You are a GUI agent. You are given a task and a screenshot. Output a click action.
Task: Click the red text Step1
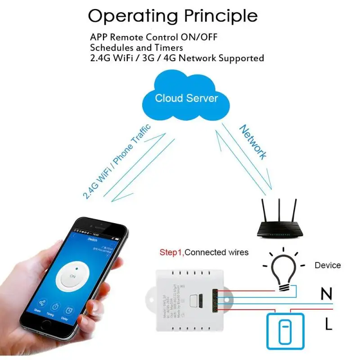point(171,252)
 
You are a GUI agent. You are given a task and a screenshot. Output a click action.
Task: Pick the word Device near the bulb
point(327,265)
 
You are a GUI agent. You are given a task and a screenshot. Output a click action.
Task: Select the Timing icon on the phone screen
point(56,307)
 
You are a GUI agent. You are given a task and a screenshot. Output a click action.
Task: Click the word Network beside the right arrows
point(253,142)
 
